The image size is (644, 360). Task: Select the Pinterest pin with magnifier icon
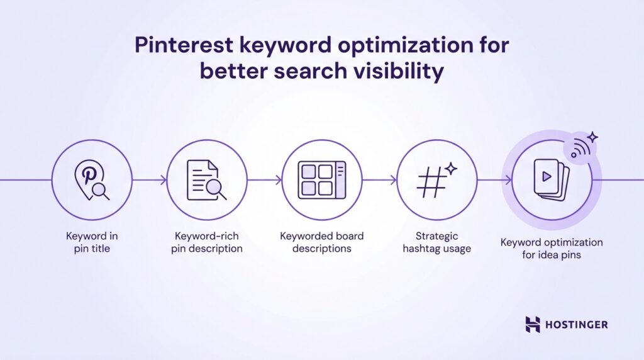pyautogui.click(x=92, y=180)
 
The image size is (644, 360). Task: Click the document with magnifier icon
pyautogui.click(x=207, y=180)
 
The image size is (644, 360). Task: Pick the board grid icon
pyautogui.click(x=321, y=180)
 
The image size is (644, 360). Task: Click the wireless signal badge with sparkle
pyautogui.click(x=583, y=147)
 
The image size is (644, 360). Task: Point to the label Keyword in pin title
pyautogui.click(x=92, y=242)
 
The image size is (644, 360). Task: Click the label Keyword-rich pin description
pyautogui.click(x=207, y=242)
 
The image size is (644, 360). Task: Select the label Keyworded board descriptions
pyautogui.click(x=321, y=242)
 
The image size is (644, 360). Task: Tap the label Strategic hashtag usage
pyautogui.click(x=436, y=242)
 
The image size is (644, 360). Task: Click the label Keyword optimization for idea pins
pyautogui.click(x=552, y=249)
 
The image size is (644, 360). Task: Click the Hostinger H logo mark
pyautogui.click(x=533, y=324)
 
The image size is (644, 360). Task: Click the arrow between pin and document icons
pyautogui.click(x=150, y=181)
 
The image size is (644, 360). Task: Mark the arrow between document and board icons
pyautogui.click(x=265, y=181)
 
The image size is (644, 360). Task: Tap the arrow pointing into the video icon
pyautogui.click(x=494, y=181)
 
